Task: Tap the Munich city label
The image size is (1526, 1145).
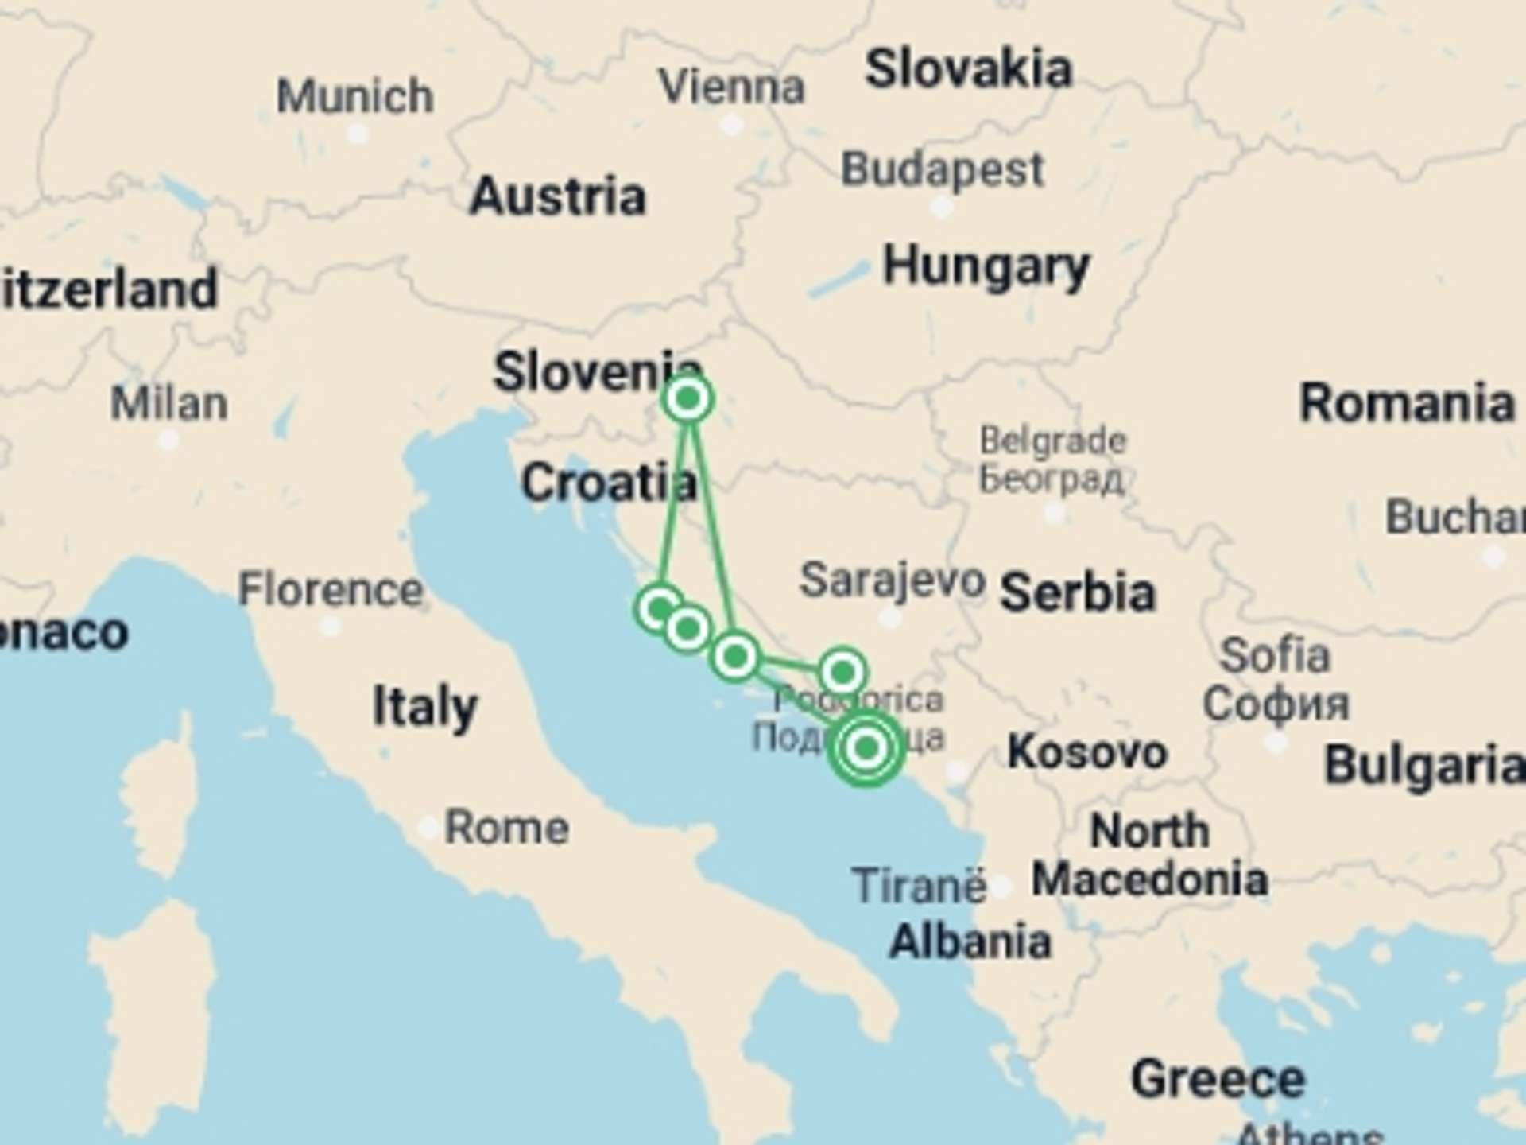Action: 354,96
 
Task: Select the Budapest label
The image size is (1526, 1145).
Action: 942,169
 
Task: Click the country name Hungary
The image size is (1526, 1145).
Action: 986,266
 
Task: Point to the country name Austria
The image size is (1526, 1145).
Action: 557,196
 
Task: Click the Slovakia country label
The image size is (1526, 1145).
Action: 968,69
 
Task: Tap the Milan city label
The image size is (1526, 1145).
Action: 168,403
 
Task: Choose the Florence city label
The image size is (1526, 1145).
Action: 330,590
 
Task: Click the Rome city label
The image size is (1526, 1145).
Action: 506,828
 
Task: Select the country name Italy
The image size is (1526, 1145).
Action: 425,706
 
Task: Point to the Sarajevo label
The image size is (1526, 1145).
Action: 892,580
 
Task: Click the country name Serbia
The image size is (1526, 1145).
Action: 1077,593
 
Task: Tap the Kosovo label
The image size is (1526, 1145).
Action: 1086,751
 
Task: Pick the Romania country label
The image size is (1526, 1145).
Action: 1406,403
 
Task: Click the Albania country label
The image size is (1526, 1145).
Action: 970,941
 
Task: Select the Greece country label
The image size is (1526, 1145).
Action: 1218,1079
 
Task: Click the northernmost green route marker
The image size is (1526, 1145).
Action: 687,398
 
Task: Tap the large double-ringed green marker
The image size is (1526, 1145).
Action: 866,747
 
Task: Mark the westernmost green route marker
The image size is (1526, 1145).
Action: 659,609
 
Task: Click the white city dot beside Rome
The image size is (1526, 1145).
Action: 428,829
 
